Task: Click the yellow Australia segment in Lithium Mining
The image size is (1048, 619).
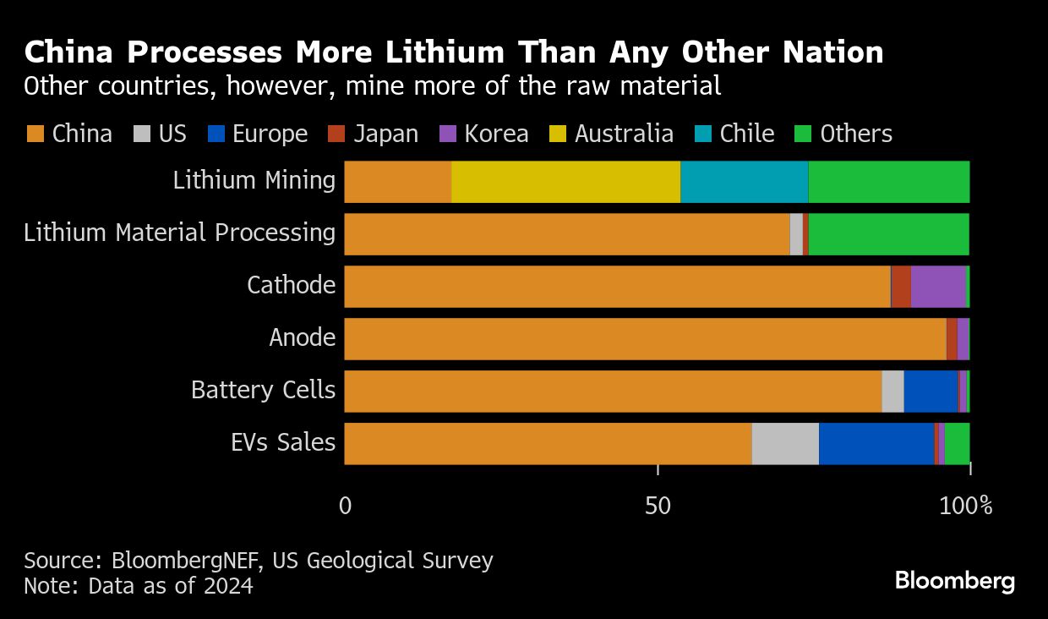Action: [565, 181]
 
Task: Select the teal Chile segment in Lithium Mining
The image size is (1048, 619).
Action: [744, 181]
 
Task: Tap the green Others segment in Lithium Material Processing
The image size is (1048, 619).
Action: [888, 233]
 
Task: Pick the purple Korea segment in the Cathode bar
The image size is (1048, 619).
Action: [937, 286]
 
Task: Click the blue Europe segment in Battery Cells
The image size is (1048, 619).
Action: [931, 391]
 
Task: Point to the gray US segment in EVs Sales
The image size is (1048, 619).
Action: [785, 443]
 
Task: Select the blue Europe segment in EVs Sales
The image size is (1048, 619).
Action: [876, 443]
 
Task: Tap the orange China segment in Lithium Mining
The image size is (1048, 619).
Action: [397, 181]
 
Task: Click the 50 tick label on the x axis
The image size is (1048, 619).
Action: [658, 506]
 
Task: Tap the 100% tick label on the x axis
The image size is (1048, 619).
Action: [965, 506]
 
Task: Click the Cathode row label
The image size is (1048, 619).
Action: [291, 285]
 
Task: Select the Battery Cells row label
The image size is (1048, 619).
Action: [263, 390]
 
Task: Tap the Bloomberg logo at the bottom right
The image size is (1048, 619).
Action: [955, 581]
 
